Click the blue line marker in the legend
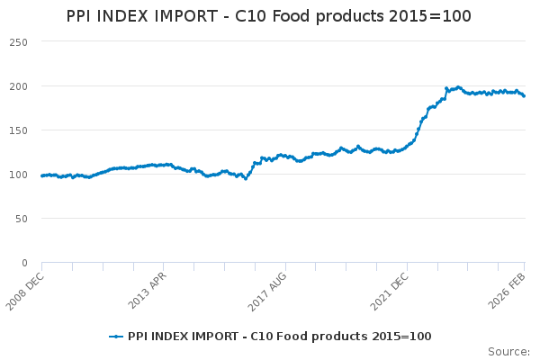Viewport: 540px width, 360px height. [x=115, y=337]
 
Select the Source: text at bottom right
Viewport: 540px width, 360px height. [x=508, y=351]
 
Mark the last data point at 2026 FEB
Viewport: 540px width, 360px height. [x=524, y=96]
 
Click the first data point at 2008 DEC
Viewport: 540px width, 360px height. [x=42, y=175]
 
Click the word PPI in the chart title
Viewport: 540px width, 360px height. [x=82, y=17]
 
